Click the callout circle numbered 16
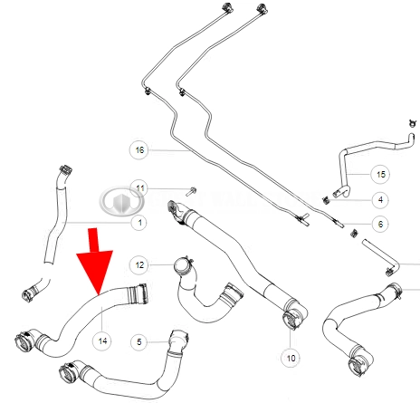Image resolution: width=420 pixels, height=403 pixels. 139,149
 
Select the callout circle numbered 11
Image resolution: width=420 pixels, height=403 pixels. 139,188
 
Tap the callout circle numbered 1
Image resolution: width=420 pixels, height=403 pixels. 139,223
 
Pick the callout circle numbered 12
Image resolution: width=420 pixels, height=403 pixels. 139,265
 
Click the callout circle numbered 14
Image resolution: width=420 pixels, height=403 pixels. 102,341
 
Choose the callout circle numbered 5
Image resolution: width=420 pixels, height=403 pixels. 139,341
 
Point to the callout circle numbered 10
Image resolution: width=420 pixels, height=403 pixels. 291,359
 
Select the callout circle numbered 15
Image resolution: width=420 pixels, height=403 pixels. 380,174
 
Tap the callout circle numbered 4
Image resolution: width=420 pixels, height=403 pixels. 380,200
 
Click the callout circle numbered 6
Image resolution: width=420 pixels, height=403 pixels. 380,224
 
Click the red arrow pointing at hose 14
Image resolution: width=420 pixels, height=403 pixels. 94,262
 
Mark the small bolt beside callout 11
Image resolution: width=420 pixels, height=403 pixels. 191,191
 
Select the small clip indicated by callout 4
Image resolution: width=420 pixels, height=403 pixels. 325,199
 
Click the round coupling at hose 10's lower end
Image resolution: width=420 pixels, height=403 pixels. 291,319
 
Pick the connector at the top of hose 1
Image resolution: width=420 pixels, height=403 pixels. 65,171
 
